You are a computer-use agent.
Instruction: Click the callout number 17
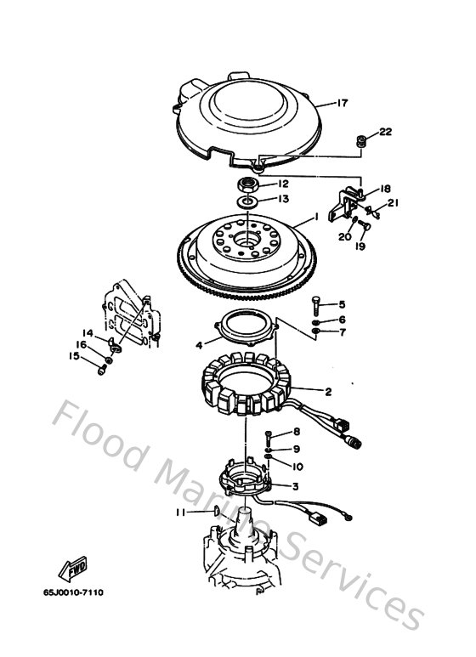(x=343, y=104)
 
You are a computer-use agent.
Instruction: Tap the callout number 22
(x=385, y=132)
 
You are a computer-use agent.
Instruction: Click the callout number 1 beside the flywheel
(x=316, y=218)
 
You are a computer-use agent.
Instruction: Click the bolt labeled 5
(x=316, y=303)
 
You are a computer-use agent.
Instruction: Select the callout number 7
(x=343, y=331)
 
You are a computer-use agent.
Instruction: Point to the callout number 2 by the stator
(x=328, y=392)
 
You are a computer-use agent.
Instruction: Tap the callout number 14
(x=87, y=332)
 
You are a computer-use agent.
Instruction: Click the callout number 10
(x=298, y=466)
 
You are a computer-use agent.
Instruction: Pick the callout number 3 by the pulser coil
(x=294, y=487)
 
